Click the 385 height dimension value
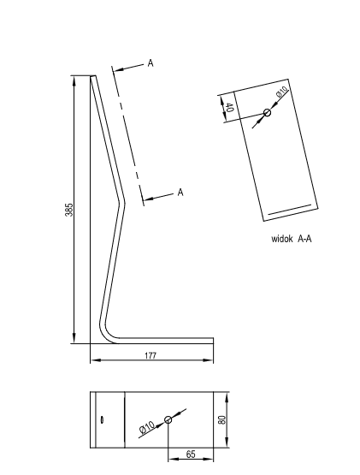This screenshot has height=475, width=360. point(69,210)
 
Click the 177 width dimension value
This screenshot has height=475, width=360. point(150,355)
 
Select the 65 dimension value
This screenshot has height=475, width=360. point(191,454)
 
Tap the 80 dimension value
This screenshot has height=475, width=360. point(222,420)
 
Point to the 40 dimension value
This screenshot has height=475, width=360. point(230,107)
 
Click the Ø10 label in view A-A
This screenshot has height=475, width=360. point(282,92)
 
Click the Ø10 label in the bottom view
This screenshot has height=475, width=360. point(147,427)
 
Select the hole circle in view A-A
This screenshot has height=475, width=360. point(267,113)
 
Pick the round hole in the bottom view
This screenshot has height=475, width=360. point(168,419)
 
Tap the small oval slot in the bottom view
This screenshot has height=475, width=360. point(102,419)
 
